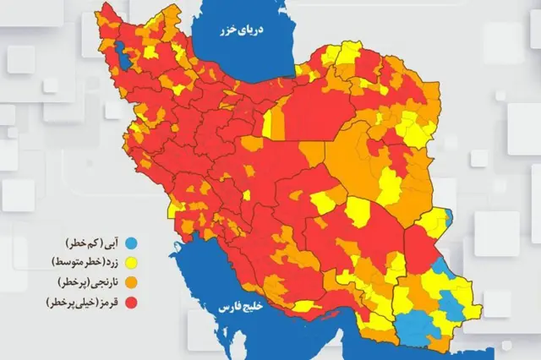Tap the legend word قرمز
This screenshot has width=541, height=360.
(105, 301)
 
